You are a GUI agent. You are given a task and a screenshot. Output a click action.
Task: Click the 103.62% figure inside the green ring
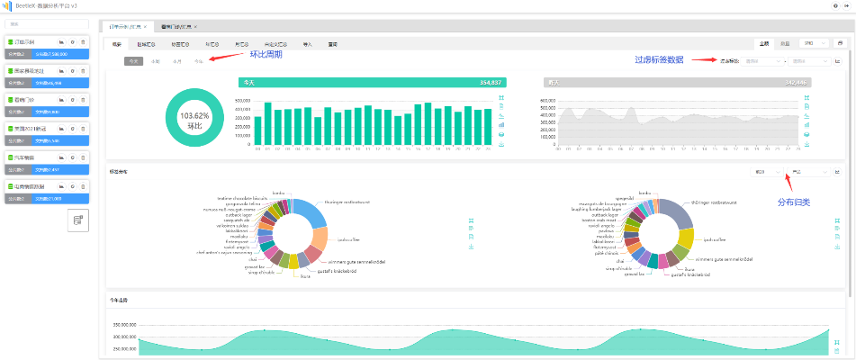[x=194, y=116]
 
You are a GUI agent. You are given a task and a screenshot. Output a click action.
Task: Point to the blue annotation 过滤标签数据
[x=659, y=60]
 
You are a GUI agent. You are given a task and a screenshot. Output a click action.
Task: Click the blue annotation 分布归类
[x=793, y=202]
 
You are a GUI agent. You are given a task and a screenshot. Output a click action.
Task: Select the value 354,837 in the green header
[x=477, y=82]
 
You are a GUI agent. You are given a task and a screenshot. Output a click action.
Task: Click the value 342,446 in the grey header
[x=796, y=82]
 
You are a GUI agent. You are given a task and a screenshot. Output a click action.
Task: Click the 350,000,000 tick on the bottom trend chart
[x=123, y=324]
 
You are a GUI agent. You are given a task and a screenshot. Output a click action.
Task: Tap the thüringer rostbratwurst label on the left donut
[x=341, y=202]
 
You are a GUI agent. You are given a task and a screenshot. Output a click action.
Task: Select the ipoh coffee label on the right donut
[x=715, y=240]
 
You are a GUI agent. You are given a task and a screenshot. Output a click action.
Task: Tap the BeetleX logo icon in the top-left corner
[x=5, y=5]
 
